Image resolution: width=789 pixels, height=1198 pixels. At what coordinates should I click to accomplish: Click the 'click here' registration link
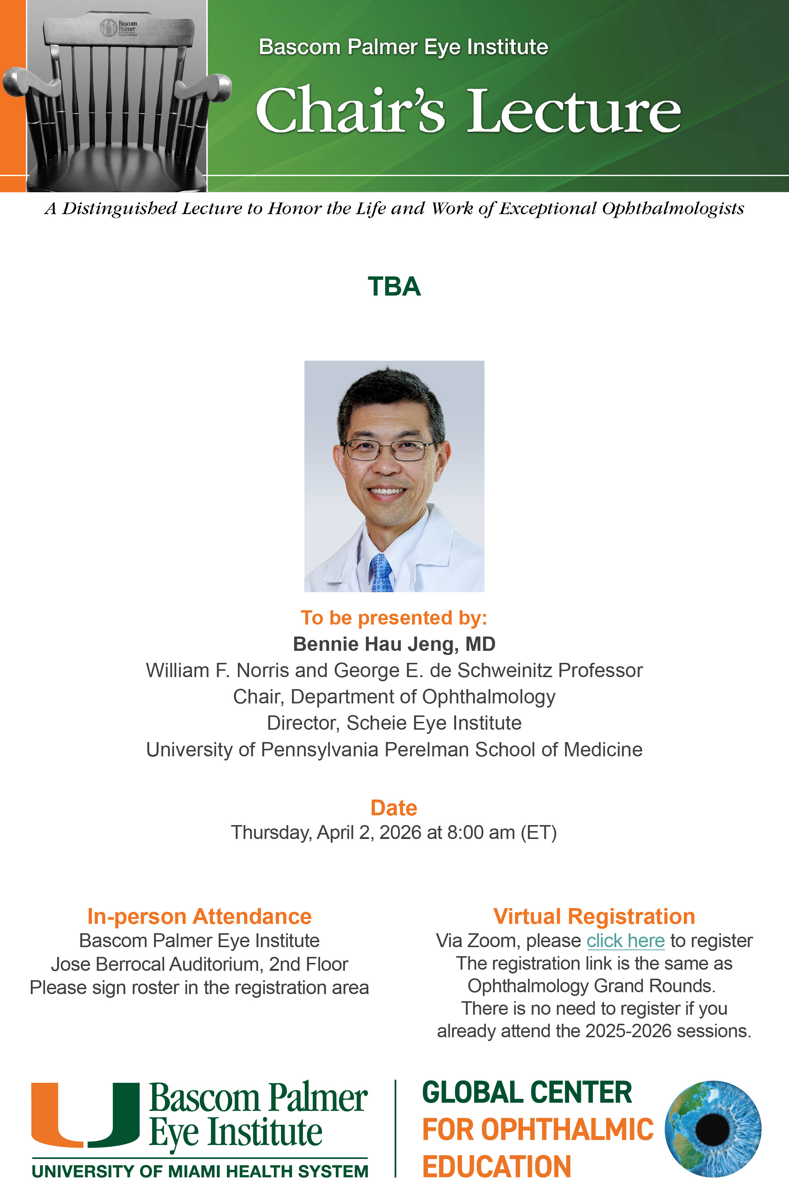(625, 940)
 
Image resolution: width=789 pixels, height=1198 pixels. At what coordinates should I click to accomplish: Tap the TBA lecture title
(394, 287)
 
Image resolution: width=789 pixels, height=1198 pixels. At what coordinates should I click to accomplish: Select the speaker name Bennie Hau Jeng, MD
(394, 644)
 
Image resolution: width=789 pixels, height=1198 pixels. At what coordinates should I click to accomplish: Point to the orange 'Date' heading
(394, 807)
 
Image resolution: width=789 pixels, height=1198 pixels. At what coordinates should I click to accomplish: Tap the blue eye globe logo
(713, 1129)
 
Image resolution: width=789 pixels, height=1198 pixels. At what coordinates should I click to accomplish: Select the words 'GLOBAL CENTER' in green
(527, 1092)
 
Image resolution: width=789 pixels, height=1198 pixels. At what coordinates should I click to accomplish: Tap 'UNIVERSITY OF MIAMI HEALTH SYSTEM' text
(200, 1171)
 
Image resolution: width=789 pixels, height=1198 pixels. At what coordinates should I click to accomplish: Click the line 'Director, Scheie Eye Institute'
(394, 723)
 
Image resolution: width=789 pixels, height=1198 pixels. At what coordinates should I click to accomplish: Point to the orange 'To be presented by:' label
(394, 618)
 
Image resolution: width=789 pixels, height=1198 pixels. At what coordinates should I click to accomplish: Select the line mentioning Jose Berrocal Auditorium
(200, 964)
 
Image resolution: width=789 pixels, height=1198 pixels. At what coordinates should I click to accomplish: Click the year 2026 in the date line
(400, 833)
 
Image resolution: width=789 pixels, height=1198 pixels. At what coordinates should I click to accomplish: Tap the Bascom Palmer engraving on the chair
(119, 29)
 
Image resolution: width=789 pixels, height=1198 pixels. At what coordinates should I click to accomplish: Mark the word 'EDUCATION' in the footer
(496, 1166)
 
